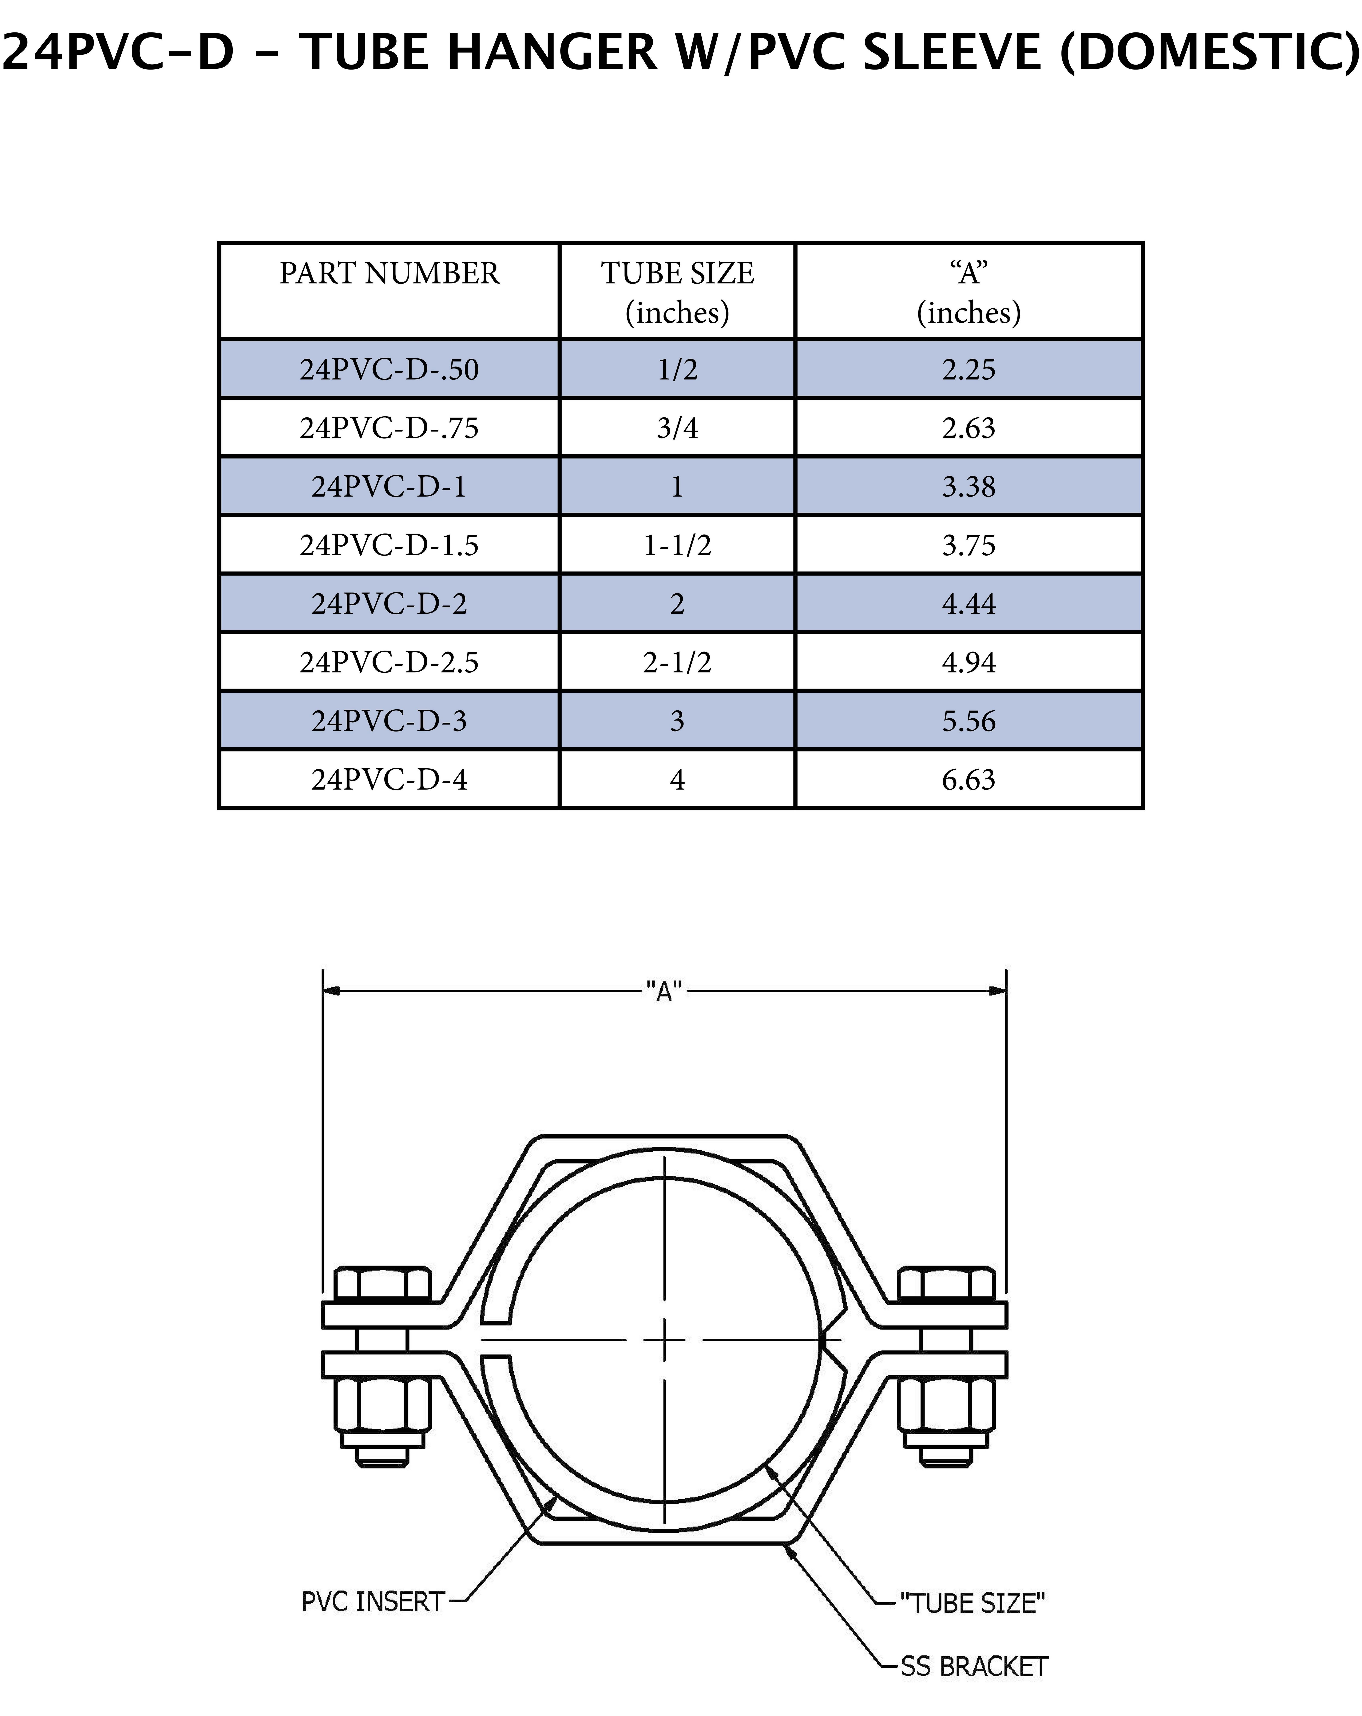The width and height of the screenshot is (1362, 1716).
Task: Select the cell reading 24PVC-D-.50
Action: pyautogui.click(x=389, y=369)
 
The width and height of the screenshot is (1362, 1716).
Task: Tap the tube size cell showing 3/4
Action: pyautogui.click(x=677, y=428)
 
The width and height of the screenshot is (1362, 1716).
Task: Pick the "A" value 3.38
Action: pyautogui.click(x=968, y=486)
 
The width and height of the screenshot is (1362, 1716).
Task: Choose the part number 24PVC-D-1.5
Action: pyautogui.click(x=389, y=545)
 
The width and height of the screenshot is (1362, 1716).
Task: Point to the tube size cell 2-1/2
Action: pyautogui.click(x=677, y=662)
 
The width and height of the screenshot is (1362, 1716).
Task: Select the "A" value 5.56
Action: pyautogui.click(x=968, y=721)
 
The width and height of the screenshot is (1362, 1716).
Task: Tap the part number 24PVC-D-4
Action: pyautogui.click(x=389, y=779)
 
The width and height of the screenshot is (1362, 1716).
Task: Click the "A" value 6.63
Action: pyautogui.click(x=968, y=779)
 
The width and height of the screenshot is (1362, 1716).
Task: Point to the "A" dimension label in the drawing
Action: pyautogui.click(x=664, y=992)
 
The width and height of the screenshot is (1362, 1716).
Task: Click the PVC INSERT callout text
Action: pyautogui.click(x=372, y=1601)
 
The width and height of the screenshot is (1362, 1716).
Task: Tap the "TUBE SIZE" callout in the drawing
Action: pyautogui.click(x=972, y=1603)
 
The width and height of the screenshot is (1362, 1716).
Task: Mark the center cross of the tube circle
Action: pyautogui.click(x=664, y=1341)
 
